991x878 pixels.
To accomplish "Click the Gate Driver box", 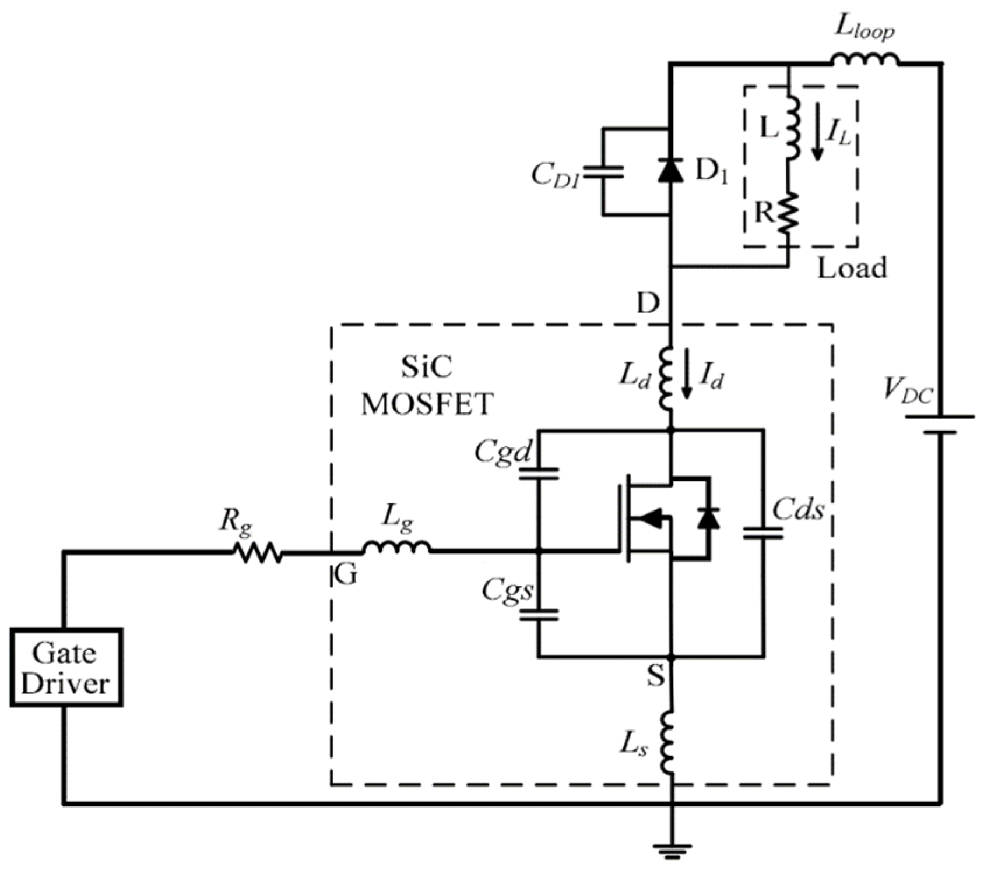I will (66, 668).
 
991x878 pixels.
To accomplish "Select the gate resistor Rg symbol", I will (258, 552).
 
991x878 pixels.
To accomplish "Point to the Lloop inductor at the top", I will (865, 59).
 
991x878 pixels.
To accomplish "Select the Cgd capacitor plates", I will (539, 473).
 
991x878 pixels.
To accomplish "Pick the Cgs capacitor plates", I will (539, 615).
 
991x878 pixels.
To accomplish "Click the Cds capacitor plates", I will (763, 533).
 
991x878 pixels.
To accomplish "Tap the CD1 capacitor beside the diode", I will (603, 172).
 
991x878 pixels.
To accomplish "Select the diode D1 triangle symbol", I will (670, 170).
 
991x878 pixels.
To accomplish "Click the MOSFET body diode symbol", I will (708, 518).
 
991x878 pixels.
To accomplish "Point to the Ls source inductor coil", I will (668, 743).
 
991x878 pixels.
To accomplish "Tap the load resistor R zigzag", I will (788, 213).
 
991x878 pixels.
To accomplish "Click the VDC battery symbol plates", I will (940, 424).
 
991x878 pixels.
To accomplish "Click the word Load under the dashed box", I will (852, 267).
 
